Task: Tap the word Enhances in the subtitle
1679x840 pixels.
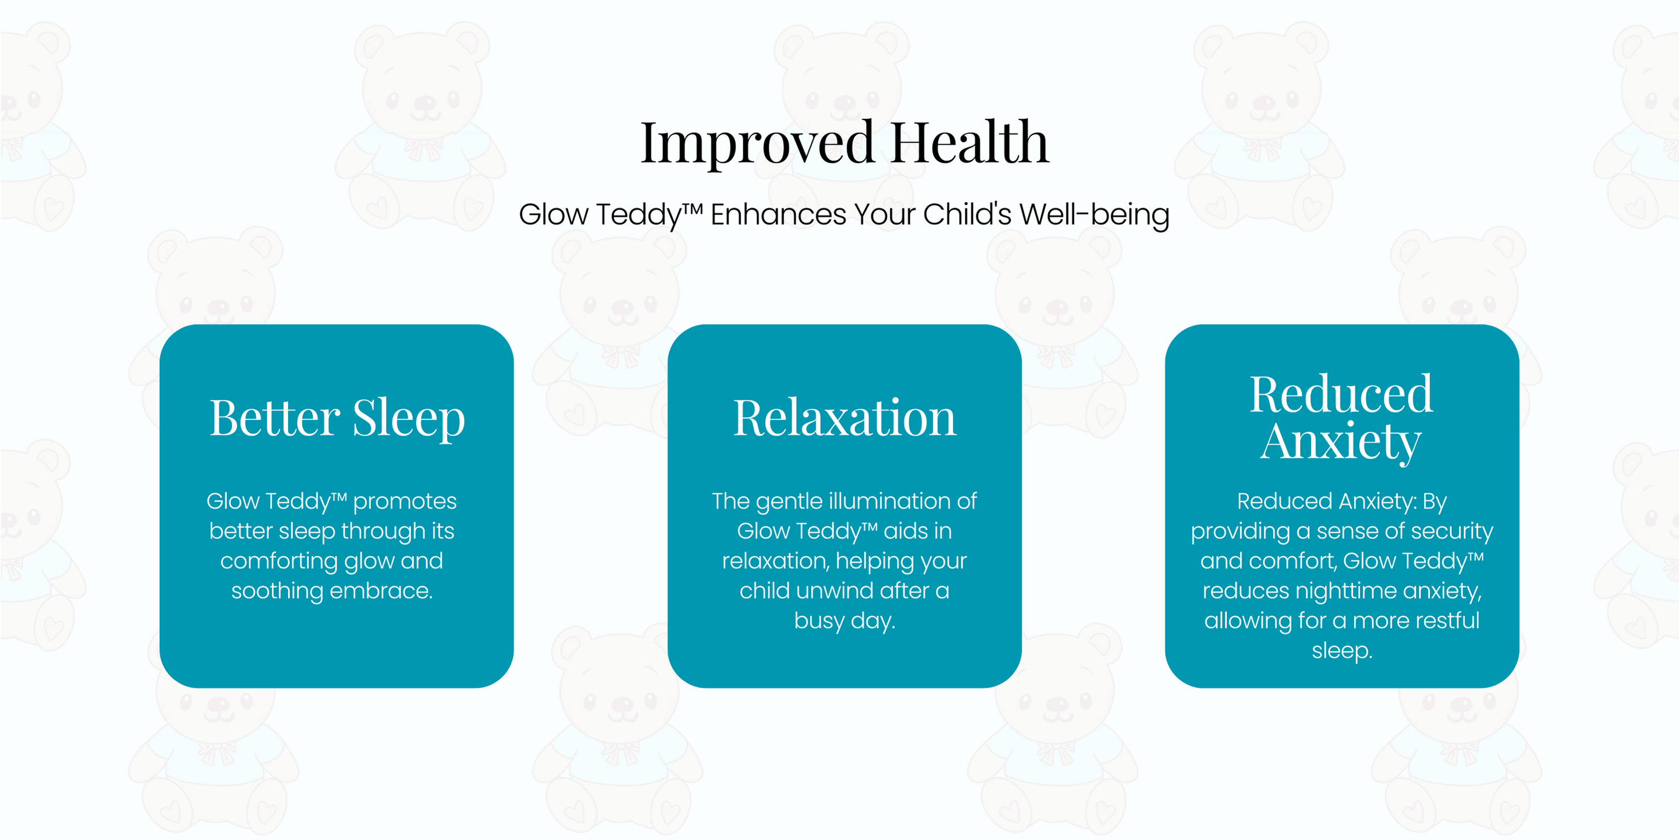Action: click(x=778, y=214)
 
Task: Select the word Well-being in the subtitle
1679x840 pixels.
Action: click(x=1094, y=214)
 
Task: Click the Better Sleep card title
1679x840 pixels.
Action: click(x=337, y=419)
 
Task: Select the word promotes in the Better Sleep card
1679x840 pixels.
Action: click(x=405, y=502)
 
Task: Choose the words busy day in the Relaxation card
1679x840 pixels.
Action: click(x=845, y=622)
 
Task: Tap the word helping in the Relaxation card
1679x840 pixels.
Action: click(x=874, y=562)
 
